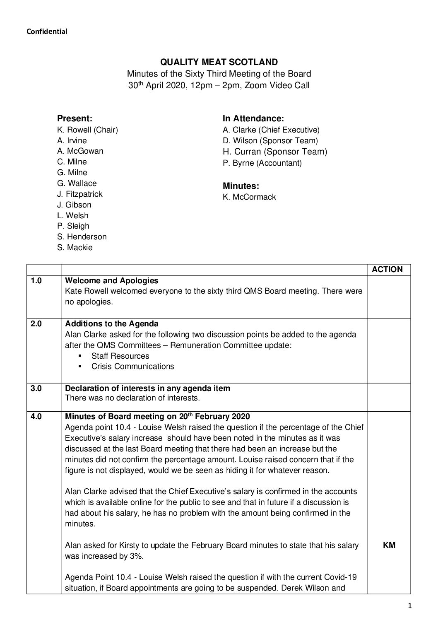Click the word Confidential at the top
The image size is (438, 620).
point(47,31)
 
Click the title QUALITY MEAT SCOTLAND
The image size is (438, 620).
point(219,62)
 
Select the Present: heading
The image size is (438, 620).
point(75,118)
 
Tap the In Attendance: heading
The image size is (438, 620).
point(253,118)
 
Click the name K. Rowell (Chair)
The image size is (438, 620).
point(87,130)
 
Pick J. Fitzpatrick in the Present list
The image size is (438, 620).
point(79,194)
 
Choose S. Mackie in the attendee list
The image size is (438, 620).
point(75,247)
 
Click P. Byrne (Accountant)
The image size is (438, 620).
point(262,163)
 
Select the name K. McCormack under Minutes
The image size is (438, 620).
point(249,197)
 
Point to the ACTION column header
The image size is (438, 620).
point(387,269)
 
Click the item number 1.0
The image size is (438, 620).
point(36,281)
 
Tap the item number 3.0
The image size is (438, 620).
point(36,388)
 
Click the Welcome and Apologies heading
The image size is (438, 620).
point(112,281)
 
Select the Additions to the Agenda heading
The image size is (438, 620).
point(112,323)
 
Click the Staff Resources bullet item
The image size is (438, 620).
point(120,356)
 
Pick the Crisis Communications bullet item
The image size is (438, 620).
point(132,366)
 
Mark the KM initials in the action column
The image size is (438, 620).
point(389,545)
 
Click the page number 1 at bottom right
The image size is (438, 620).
point(409,606)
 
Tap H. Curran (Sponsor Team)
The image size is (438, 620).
point(275,152)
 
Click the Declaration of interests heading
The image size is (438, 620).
point(148,388)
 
